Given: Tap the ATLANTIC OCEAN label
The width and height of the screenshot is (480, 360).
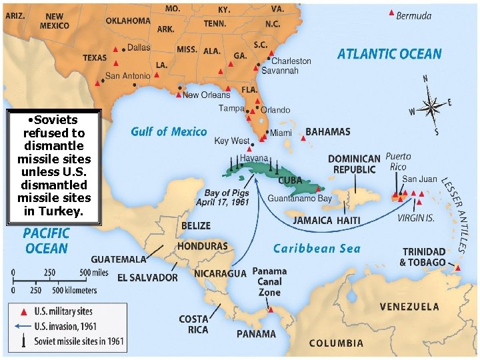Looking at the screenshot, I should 389,54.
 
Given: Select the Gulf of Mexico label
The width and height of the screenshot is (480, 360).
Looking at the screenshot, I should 169,131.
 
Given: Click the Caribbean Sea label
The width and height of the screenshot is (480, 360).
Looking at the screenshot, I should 317,249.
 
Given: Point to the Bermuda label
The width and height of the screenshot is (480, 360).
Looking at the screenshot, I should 414,15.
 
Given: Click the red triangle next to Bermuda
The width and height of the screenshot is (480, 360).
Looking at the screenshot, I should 391,13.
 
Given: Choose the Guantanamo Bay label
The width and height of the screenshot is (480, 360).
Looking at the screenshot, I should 299,198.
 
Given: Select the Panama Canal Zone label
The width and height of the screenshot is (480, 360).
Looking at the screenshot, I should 269,281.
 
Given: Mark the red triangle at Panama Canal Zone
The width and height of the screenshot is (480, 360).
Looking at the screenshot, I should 270,309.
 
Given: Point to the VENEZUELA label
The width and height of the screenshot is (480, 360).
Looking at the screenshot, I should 409,307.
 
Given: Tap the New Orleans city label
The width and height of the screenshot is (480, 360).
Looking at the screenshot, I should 206,95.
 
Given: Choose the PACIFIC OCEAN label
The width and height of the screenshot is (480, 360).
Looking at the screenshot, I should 46,241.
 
